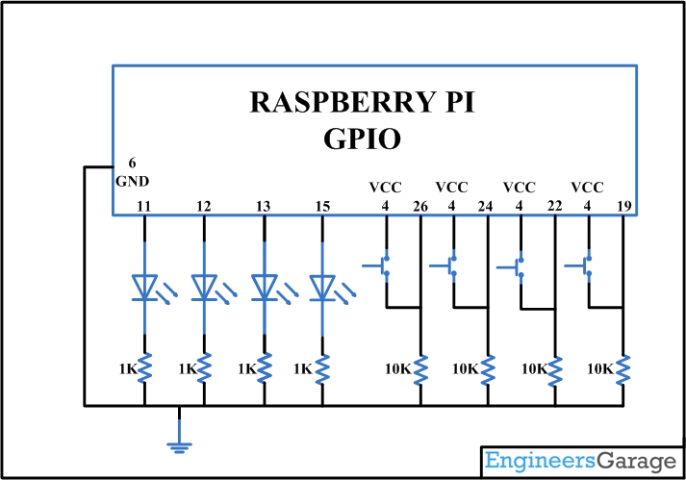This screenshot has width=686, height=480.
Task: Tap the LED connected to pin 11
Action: pyautogui.click(x=144, y=287)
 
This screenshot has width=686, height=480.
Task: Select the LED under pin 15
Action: pyautogui.click(x=322, y=287)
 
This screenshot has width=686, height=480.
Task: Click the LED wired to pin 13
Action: pyautogui.click(x=264, y=287)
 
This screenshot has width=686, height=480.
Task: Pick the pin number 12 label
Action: pyautogui.click(x=203, y=206)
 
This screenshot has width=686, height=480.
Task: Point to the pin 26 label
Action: pyautogui.click(x=419, y=206)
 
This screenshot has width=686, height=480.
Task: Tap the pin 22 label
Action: pyautogui.click(x=554, y=206)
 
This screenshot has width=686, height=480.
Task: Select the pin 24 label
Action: pyautogui.click(x=487, y=206)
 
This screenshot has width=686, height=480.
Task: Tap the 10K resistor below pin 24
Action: pyautogui.click(x=488, y=368)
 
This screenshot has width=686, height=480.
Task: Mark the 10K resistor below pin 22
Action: pyautogui.click(x=555, y=368)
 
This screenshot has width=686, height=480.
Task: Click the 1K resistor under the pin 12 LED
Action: pyautogui.click(x=204, y=368)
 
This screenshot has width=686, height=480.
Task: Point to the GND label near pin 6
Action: pyautogui.click(x=132, y=181)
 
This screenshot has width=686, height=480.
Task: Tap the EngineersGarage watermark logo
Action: pyautogui.click(x=581, y=462)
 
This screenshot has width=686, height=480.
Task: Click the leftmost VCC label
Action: pyautogui.click(x=385, y=188)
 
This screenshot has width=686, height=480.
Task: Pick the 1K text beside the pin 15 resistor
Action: pyautogui.click(x=302, y=368)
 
